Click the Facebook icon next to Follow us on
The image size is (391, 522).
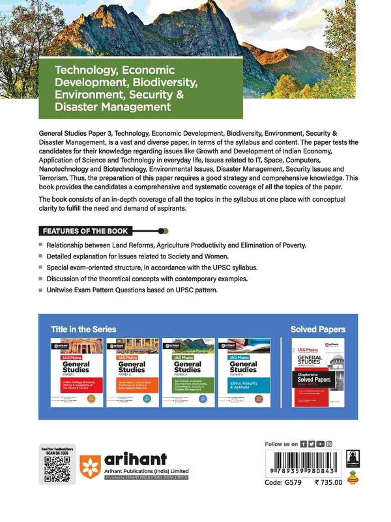point(304,444)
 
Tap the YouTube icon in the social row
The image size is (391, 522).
point(321,444)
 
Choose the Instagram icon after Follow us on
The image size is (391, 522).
point(329,444)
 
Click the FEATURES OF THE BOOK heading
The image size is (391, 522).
point(85,231)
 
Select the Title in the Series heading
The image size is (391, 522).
point(83,329)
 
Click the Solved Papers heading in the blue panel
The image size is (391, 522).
point(318,329)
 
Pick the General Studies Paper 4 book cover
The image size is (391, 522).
point(243,372)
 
